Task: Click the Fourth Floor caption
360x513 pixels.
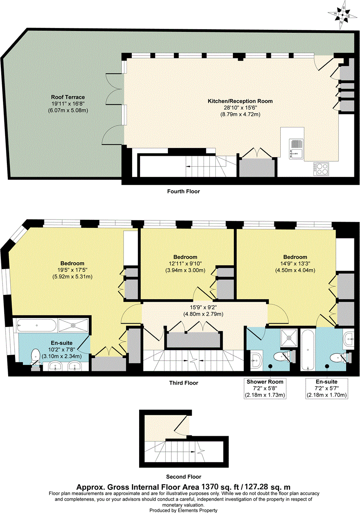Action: (x=183, y=192)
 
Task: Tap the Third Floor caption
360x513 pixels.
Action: (x=183, y=382)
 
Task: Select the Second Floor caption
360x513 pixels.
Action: (x=183, y=477)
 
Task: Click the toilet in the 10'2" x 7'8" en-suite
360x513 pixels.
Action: (x=36, y=355)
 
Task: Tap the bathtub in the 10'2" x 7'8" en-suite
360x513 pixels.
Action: (x=36, y=325)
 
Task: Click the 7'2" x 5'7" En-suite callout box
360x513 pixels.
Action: (x=327, y=388)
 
